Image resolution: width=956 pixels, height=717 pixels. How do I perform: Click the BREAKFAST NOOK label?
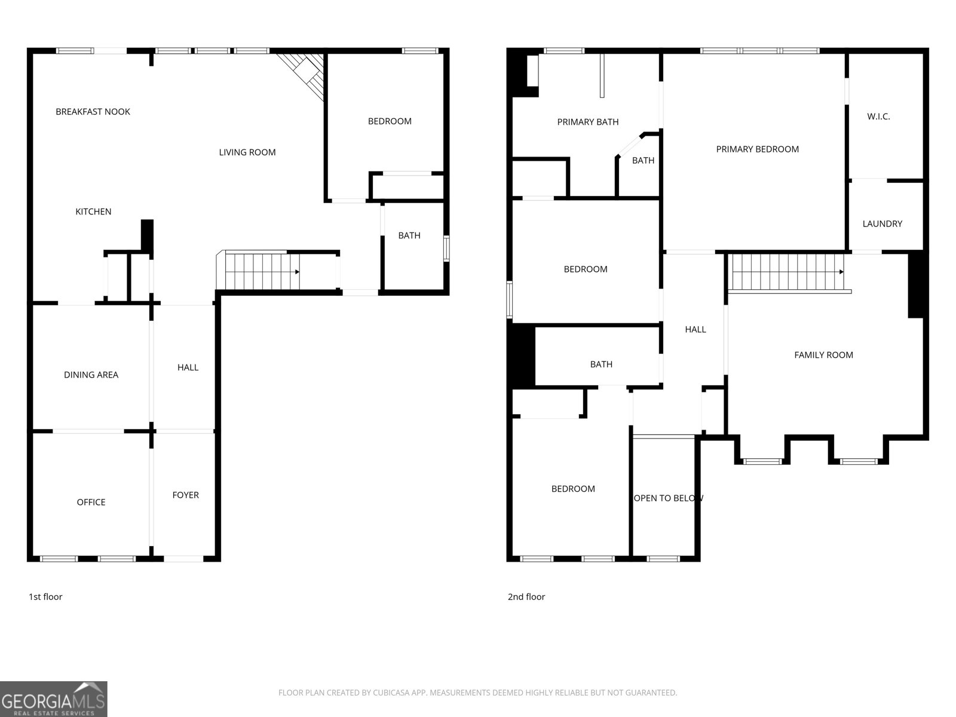pyautogui.click(x=93, y=112)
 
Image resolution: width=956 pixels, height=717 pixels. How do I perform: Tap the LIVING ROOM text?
pyautogui.click(x=247, y=152)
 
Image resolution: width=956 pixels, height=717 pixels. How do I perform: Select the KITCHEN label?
pyautogui.click(x=93, y=212)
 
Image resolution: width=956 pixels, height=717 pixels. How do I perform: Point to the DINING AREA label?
pyautogui.click(x=91, y=375)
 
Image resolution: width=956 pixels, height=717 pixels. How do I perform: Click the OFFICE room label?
pyautogui.click(x=91, y=502)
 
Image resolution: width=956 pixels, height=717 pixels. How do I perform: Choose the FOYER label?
pyautogui.click(x=186, y=495)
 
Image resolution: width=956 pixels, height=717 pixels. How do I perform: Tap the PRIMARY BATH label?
pyautogui.click(x=588, y=122)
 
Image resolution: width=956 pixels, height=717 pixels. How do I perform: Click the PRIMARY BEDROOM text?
pyautogui.click(x=758, y=149)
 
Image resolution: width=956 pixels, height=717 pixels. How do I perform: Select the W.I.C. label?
pyautogui.click(x=878, y=117)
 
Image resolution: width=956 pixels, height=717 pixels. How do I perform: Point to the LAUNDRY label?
pyautogui.click(x=883, y=223)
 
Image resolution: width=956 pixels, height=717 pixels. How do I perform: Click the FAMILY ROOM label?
pyautogui.click(x=823, y=356)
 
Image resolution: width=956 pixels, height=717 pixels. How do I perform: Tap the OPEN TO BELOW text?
pyautogui.click(x=668, y=498)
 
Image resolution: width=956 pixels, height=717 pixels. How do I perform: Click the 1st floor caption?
pyautogui.click(x=45, y=597)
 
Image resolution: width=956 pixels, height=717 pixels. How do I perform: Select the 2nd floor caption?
pyautogui.click(x=526, y=597)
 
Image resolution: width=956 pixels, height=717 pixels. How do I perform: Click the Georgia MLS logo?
pyautogui.click(x=54, y=699)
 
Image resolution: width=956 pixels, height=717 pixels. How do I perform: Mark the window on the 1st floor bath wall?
pyautogui.click(x=446, y=248)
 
